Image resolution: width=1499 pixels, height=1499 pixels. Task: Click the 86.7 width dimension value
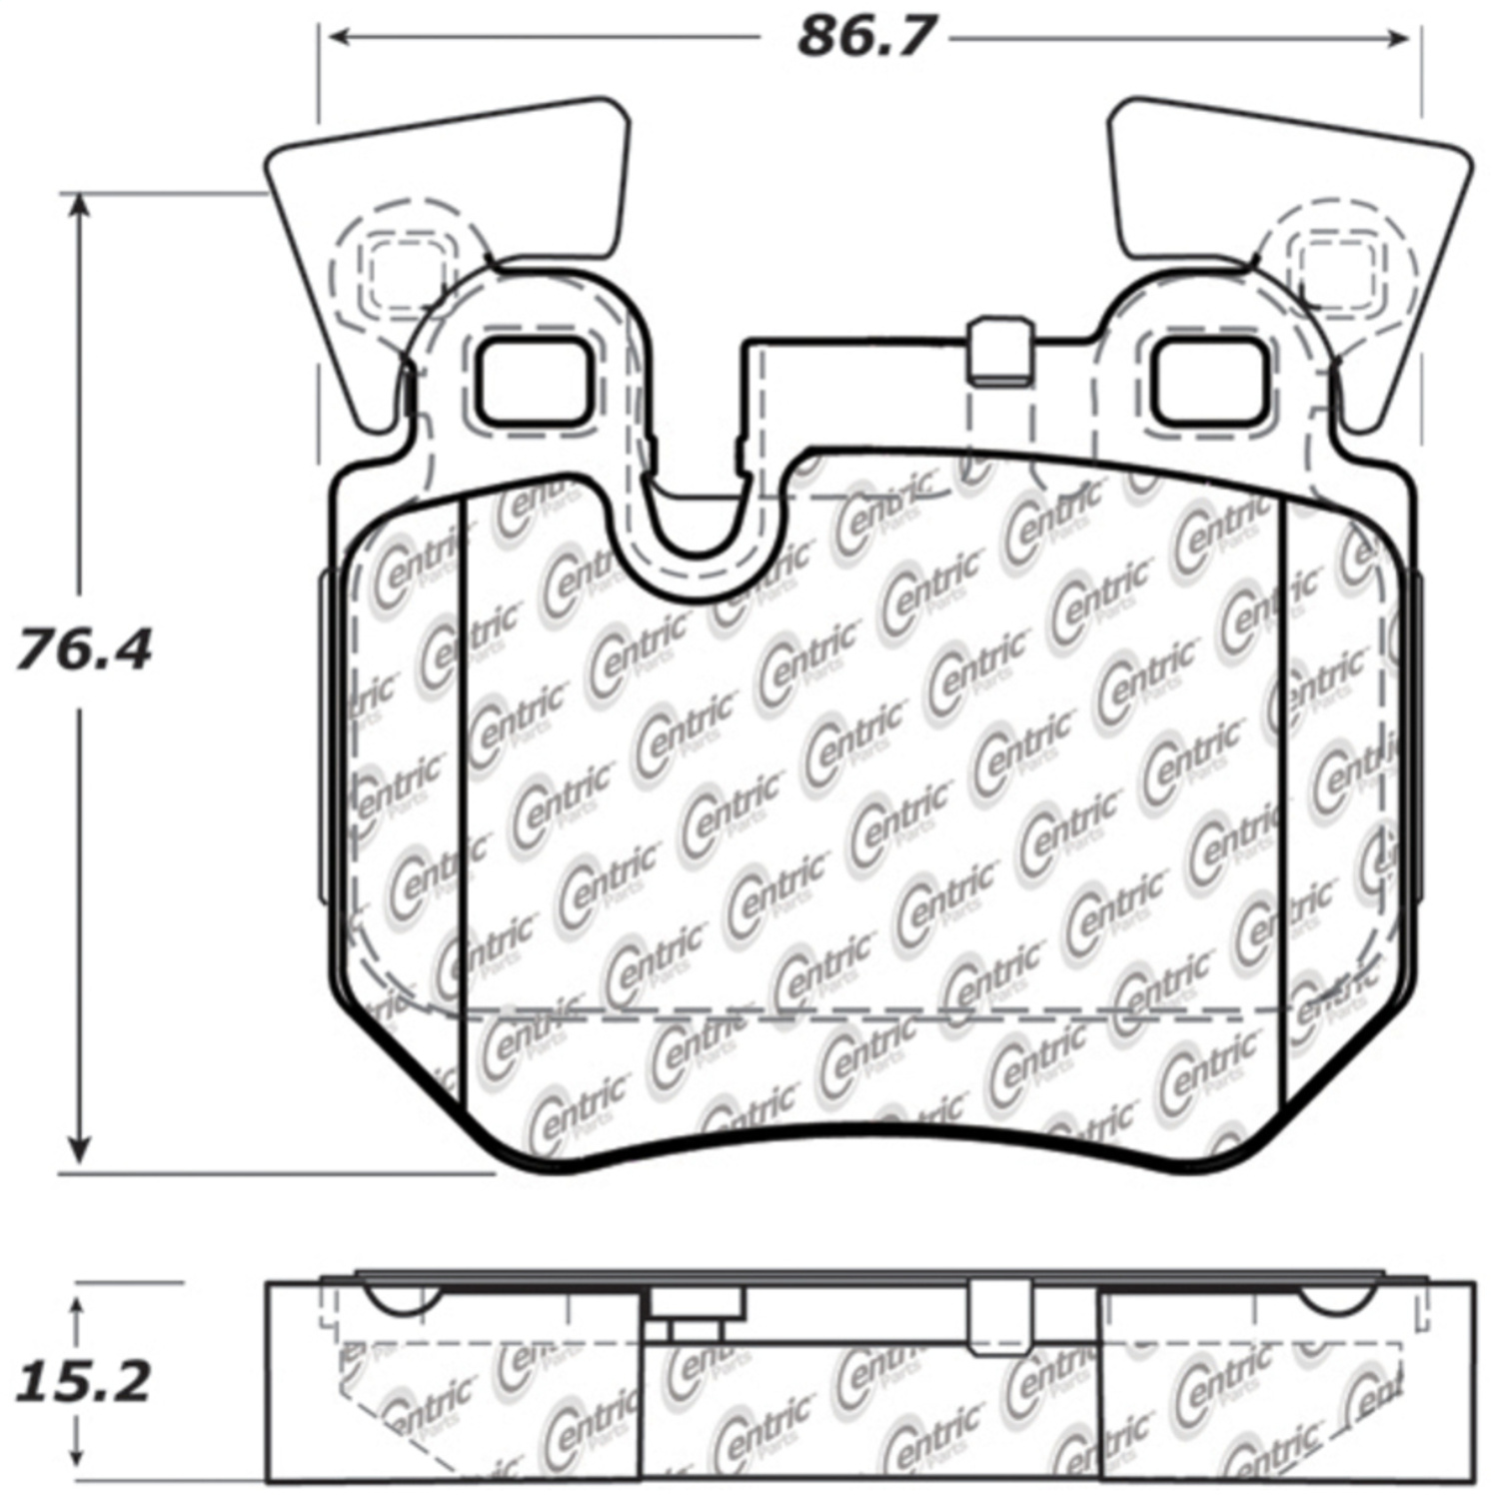click(x=864, y=39)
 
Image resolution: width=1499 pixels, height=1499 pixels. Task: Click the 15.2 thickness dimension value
click(x=83, y=1382)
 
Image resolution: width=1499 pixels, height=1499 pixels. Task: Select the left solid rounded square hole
click(x=533, y=381)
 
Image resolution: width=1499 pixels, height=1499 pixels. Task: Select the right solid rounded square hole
click(x=1212, y=381)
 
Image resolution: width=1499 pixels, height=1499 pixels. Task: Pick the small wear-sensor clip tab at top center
click(x=999, y=351)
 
